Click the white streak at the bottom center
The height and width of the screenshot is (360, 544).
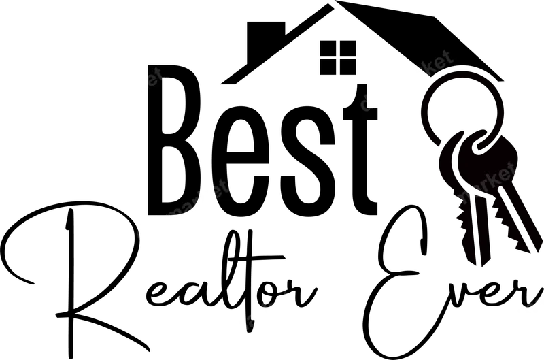tap(245, 323)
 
